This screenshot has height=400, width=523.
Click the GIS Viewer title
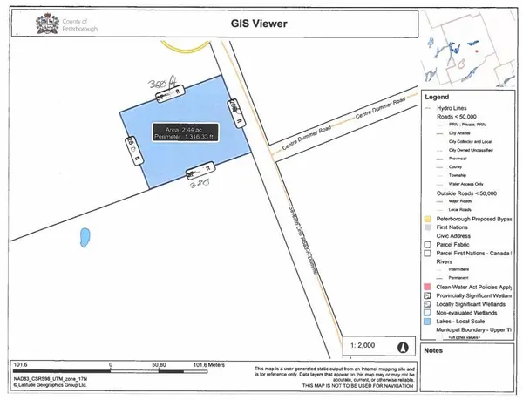(x=261, y=25)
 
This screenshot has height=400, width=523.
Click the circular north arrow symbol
(x=402, y=347)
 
